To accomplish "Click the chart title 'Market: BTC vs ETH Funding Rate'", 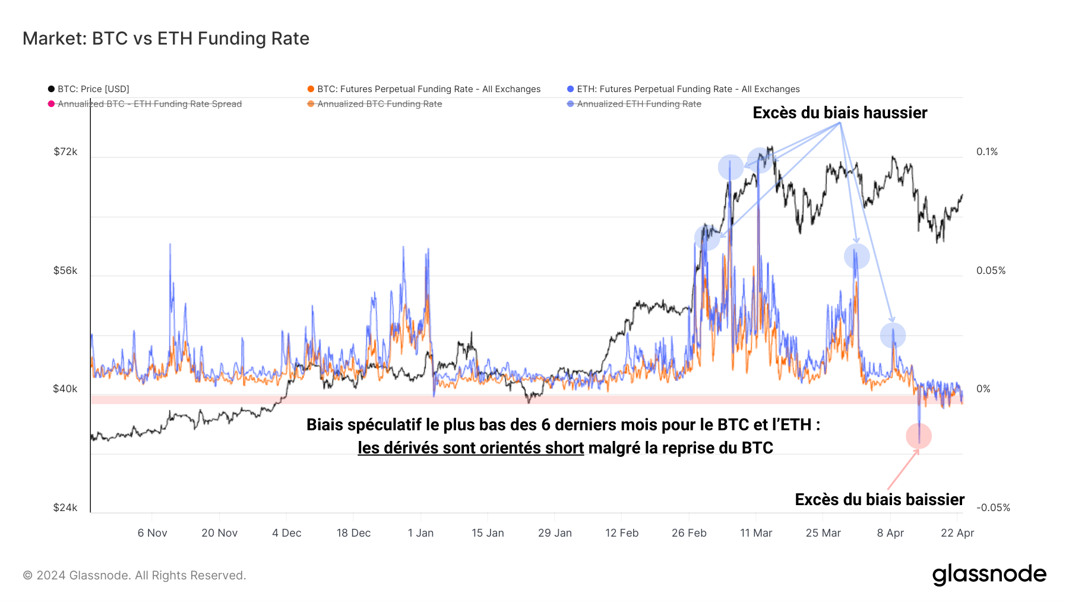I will pyautogui.click(x=166, y=39).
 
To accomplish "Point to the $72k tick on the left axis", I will pyautogui.click(x=65, y=152).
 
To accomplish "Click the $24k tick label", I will pyautogui.click(x=65, y=508).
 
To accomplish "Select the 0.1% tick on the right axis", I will pyautogui.click(x=987, y=152).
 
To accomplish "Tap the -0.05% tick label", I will pyautogui.click(x=993, y=508).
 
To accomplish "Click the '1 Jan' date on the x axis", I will pyautogui.click(x=420, y=533).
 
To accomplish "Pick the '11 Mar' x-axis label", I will pyautogui.click(x=756, y=533).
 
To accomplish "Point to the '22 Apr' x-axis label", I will pyautogui.click(x=957, y=533).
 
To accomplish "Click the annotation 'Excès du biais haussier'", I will pyautogui.click(x=840, y=113).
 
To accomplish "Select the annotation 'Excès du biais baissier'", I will pyautogui.click(x=880, y=500).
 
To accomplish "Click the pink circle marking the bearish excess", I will pyautogui.click(x=919, y=436).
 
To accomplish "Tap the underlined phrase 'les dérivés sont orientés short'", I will pyautogui.click(x=470, y=448).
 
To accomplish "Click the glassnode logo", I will pyautogui.click(x=989, y=575).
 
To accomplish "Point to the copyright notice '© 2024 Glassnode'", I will pyautogui.click(x=134, y=575).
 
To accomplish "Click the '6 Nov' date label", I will pyautogui.click(x=152, y=533).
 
